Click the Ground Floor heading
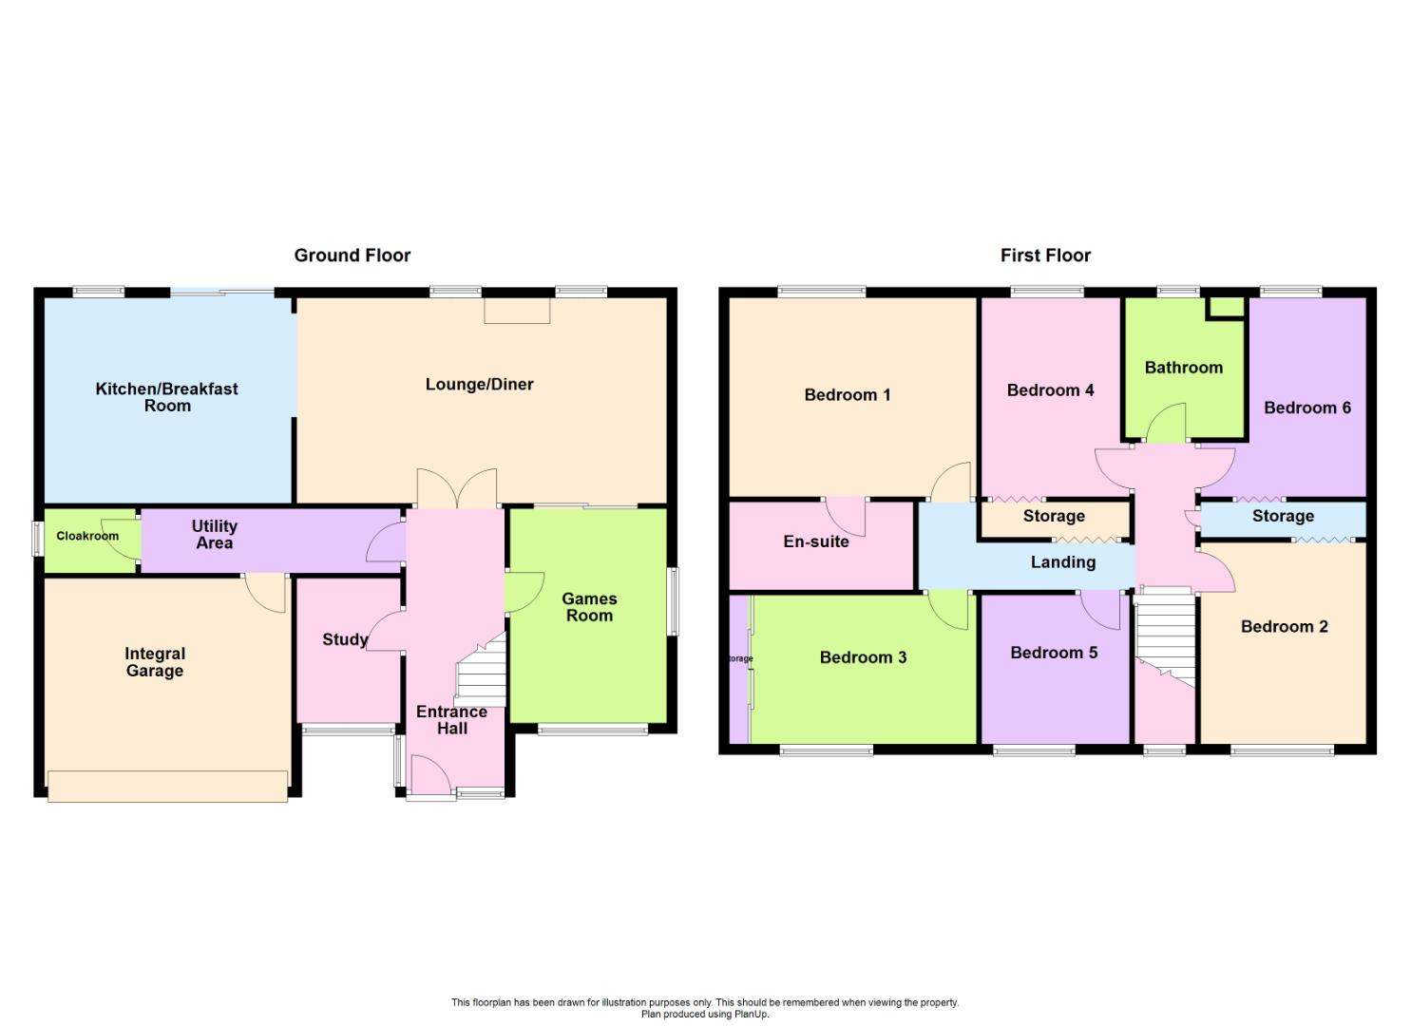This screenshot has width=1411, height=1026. click(x=353, y=256)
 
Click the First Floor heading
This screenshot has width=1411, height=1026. click(x=1045, y=256)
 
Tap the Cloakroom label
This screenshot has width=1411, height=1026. click(x=87, y=536)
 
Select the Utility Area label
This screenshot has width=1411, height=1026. click(x=214, y=534)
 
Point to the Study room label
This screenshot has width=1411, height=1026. click(x=345, y=639)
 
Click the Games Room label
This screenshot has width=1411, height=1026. click(x=589, y=606)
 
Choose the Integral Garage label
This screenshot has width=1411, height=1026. click(x=154, y=662)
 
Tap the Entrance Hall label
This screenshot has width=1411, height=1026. click(x=451, y=720)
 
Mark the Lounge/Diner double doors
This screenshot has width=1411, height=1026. click(x=457, y=488)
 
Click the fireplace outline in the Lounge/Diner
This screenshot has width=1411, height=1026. click(x=517, y=311)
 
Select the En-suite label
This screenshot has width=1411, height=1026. click(x=816, y=541)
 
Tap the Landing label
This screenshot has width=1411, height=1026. click(x=1062, y=561)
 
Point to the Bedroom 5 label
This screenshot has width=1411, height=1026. click(x=1054, y=653)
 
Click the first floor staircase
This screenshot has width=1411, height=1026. click(x=1165, y=639)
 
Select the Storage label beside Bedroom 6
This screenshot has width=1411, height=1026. click(x=1283, y=516)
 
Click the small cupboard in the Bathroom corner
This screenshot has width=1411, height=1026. click(x=1226, y=308)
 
